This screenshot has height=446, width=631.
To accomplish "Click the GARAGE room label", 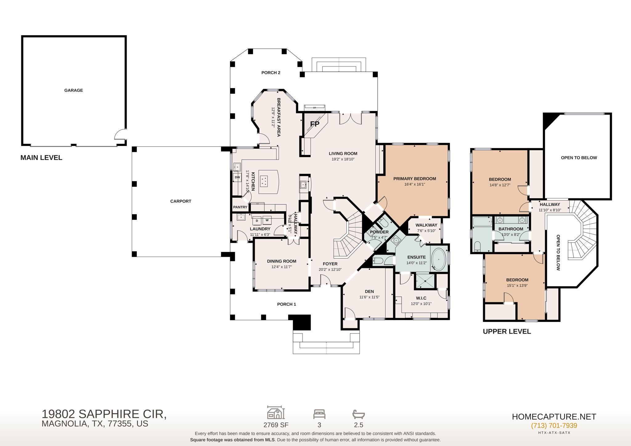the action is pyautogui.click(x=74, y=90).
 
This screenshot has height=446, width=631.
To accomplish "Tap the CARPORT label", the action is pyautogui.click(x=181, y=201).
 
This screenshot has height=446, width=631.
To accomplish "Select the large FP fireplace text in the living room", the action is pyautogui.click(x=315, y=124).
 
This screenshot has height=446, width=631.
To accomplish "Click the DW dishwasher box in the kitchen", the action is pyautogui.click(x=237, y=177).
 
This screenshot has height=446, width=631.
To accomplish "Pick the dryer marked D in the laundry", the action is pyautogui.click(x=257, y=221).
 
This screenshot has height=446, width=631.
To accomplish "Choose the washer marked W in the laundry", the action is pyautogui.click(x=267, y=221).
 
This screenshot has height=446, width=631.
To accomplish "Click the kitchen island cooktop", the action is pyautogui.click(x=264, y=180).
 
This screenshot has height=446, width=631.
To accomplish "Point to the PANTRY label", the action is pyautogui.click(x=240, y=207).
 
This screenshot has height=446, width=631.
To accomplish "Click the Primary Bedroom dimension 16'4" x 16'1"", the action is pyautogui.click(x=415, y=184).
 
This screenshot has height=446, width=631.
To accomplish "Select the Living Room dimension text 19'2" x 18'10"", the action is pyautogui.click(x=343, y=159).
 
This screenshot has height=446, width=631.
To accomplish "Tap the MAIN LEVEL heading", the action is pyautogui.click(x=41, y=158).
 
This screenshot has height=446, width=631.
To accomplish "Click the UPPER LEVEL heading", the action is pyautogui.click(x=507, y=331).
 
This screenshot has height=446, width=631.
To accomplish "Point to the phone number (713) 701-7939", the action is pyautogui.click(x=554, y=425).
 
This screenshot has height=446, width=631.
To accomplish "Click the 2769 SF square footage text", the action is pyautogui.click(x=276, y=425).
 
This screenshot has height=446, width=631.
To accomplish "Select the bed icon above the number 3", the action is pyautogui.click(x=319, y=414).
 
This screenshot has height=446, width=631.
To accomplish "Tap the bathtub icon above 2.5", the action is pyautogui.click(x=359, y=414).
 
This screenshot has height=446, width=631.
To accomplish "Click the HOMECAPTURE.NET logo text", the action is pyautogui.click(x=554, y=417).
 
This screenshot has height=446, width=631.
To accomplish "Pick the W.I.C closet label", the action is pyautogui.click(x=421, y=298).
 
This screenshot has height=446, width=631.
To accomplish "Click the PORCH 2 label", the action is pyautogui.click(x=271, y=73).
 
